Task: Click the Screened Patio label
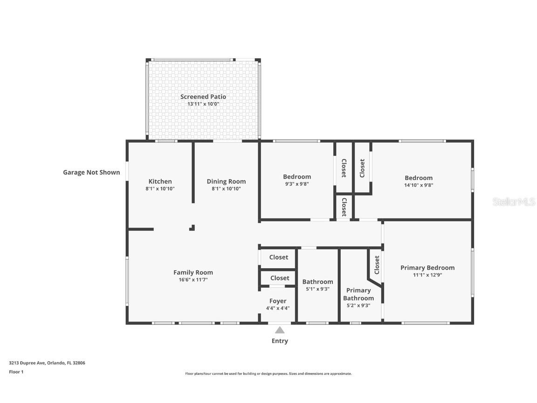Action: [203, 97]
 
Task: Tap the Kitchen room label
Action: [160, 181]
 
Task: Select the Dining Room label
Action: [226, 181]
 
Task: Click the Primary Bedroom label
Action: [427, 268]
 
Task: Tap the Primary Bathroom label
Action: [358, 294]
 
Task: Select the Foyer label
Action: [278, 301]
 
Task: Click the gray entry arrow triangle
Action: [280, 330]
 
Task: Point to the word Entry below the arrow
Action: [280, 341]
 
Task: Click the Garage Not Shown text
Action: [91, 172]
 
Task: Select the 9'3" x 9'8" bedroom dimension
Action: [296, 184]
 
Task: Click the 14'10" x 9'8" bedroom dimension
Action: [418, 185]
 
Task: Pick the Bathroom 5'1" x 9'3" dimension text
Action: [317, 289]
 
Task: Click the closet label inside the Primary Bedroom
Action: [377, 264]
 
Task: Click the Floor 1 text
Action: [16, 372]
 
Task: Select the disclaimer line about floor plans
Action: [268, 374]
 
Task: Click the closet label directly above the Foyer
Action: [279, 278]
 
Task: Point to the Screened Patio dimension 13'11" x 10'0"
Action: [203, 104]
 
